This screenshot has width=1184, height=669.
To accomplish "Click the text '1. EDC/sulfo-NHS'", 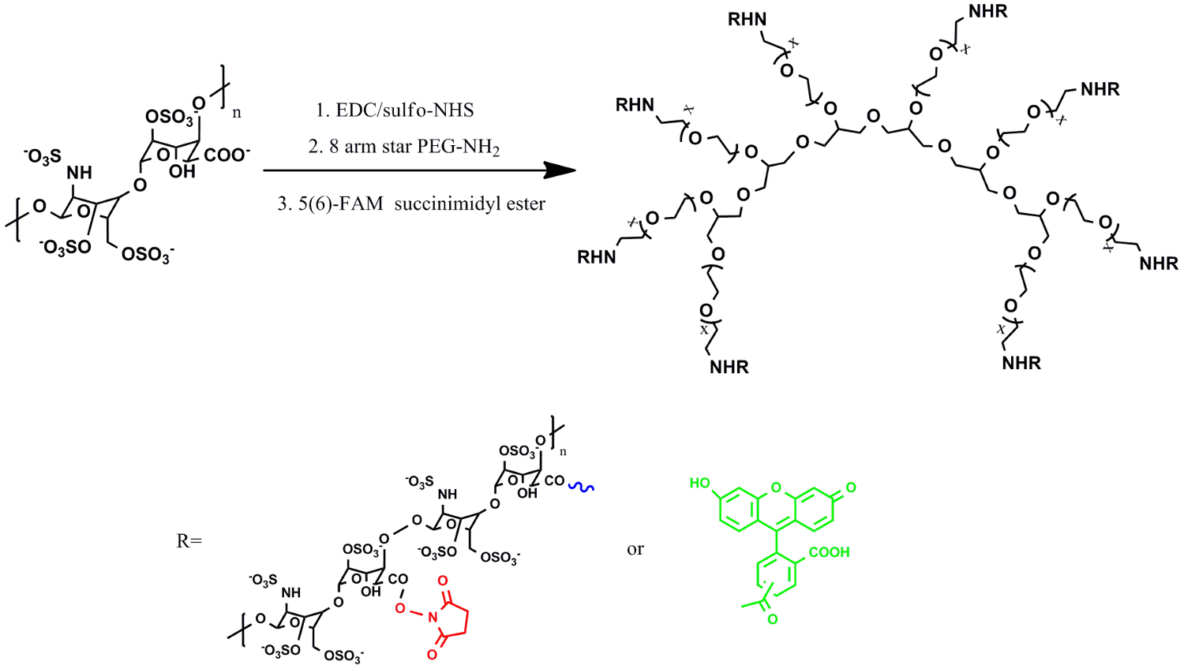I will click(395, 110).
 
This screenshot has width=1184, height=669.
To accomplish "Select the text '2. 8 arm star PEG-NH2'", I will click(403, 147).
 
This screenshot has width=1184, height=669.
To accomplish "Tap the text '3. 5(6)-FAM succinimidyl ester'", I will click(411, 204).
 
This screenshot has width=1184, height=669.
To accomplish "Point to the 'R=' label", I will click(189, 541).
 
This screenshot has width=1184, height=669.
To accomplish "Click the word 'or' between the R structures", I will click(635, 549).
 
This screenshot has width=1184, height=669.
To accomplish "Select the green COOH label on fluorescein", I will click(829, 552).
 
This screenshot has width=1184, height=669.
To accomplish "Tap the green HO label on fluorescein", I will click(700, 483).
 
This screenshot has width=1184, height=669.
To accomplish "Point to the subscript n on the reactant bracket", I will click(237, 113).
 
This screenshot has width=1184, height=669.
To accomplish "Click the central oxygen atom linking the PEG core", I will click(873, 117).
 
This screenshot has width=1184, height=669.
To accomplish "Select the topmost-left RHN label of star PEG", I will click(747, 20).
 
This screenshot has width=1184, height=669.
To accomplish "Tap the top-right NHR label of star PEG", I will click(988, 12).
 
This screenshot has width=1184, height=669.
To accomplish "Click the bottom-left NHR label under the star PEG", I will click(729, 367).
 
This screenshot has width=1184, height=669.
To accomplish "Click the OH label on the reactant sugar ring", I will click(182, 171).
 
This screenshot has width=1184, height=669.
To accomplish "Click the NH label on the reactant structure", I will click(79, 173).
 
